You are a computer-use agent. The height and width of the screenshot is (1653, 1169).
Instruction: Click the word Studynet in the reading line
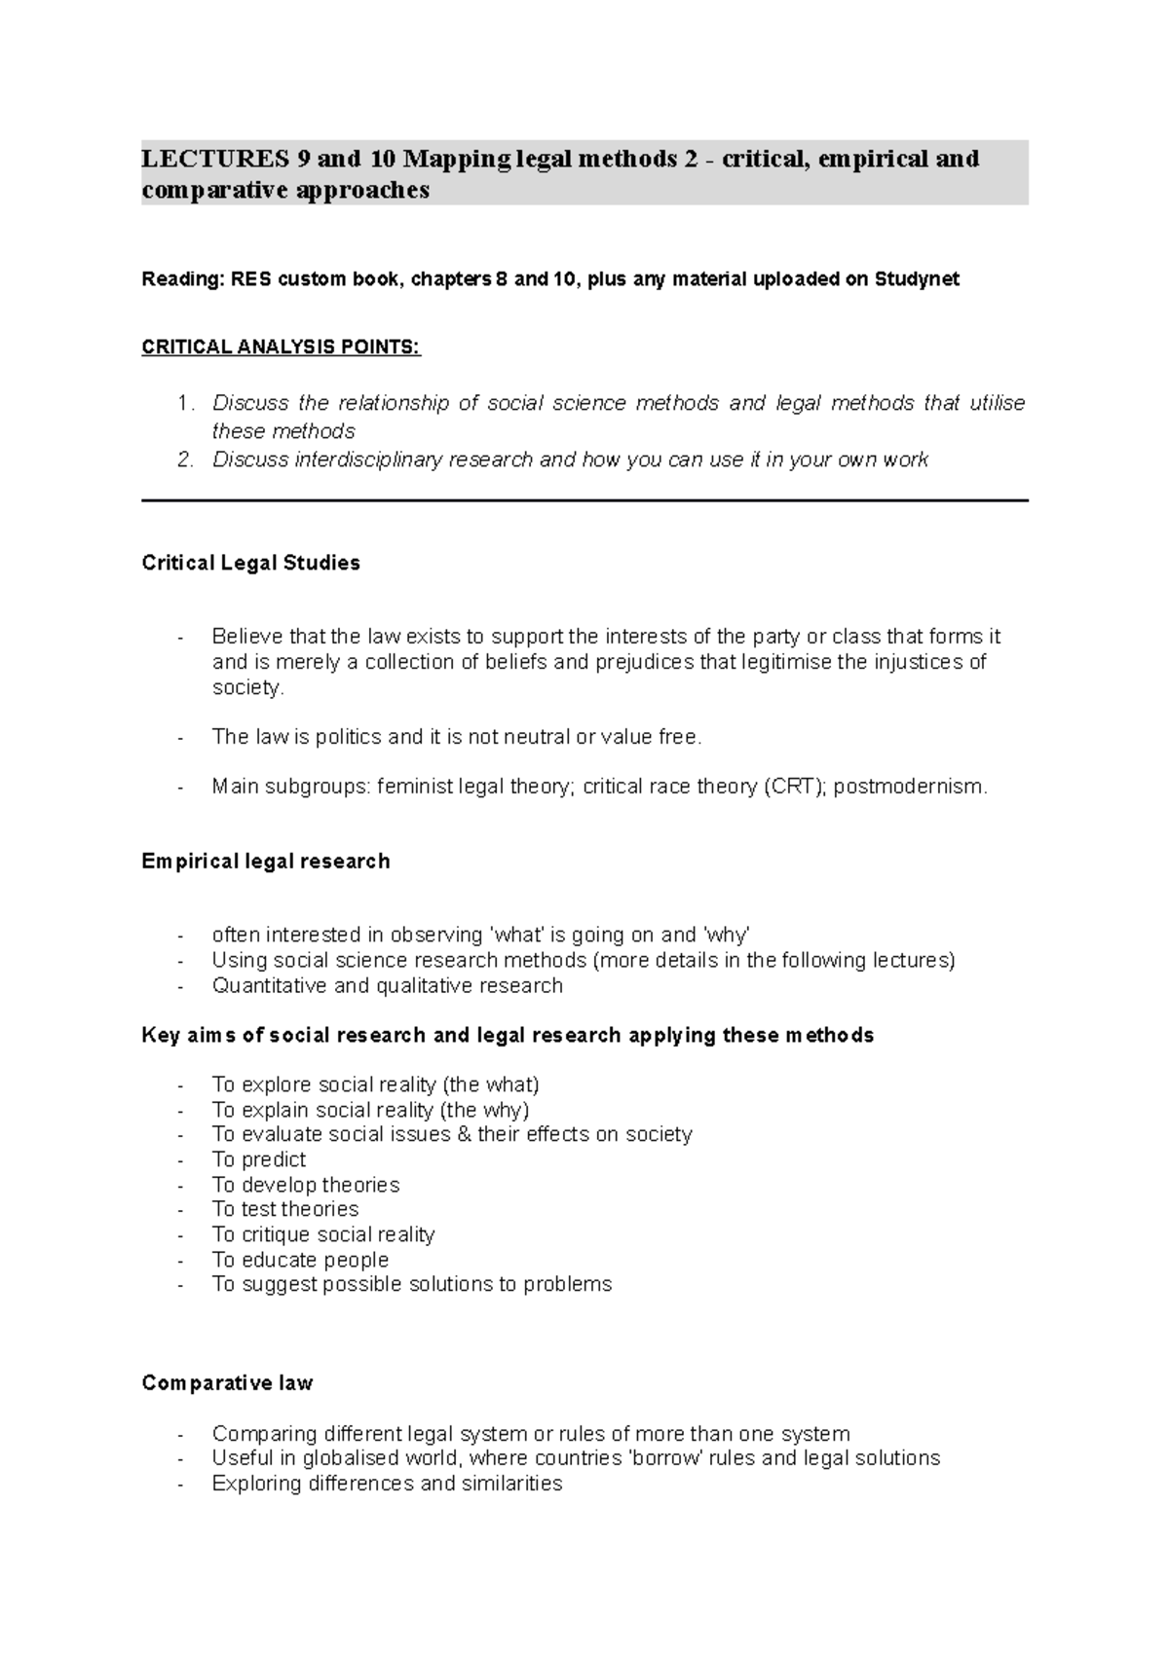tap(916, 279)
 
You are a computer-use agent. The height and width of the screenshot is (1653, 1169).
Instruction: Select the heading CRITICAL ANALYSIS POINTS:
tap(281, 348)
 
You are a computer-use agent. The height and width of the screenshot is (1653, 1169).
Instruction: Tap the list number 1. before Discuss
tap(186, 403)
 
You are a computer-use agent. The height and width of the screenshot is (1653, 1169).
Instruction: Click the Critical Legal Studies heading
tap(250, 563)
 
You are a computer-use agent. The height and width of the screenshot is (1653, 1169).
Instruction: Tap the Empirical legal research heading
tap(265, 861)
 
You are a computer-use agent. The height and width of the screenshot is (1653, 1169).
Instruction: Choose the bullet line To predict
tap(258, 1159)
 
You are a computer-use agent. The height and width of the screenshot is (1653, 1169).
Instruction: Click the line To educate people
tap(300, 1260)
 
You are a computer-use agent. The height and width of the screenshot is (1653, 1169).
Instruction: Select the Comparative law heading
tap(227, 1383)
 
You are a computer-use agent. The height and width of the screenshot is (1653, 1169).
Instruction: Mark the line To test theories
tap(284, 1209)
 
